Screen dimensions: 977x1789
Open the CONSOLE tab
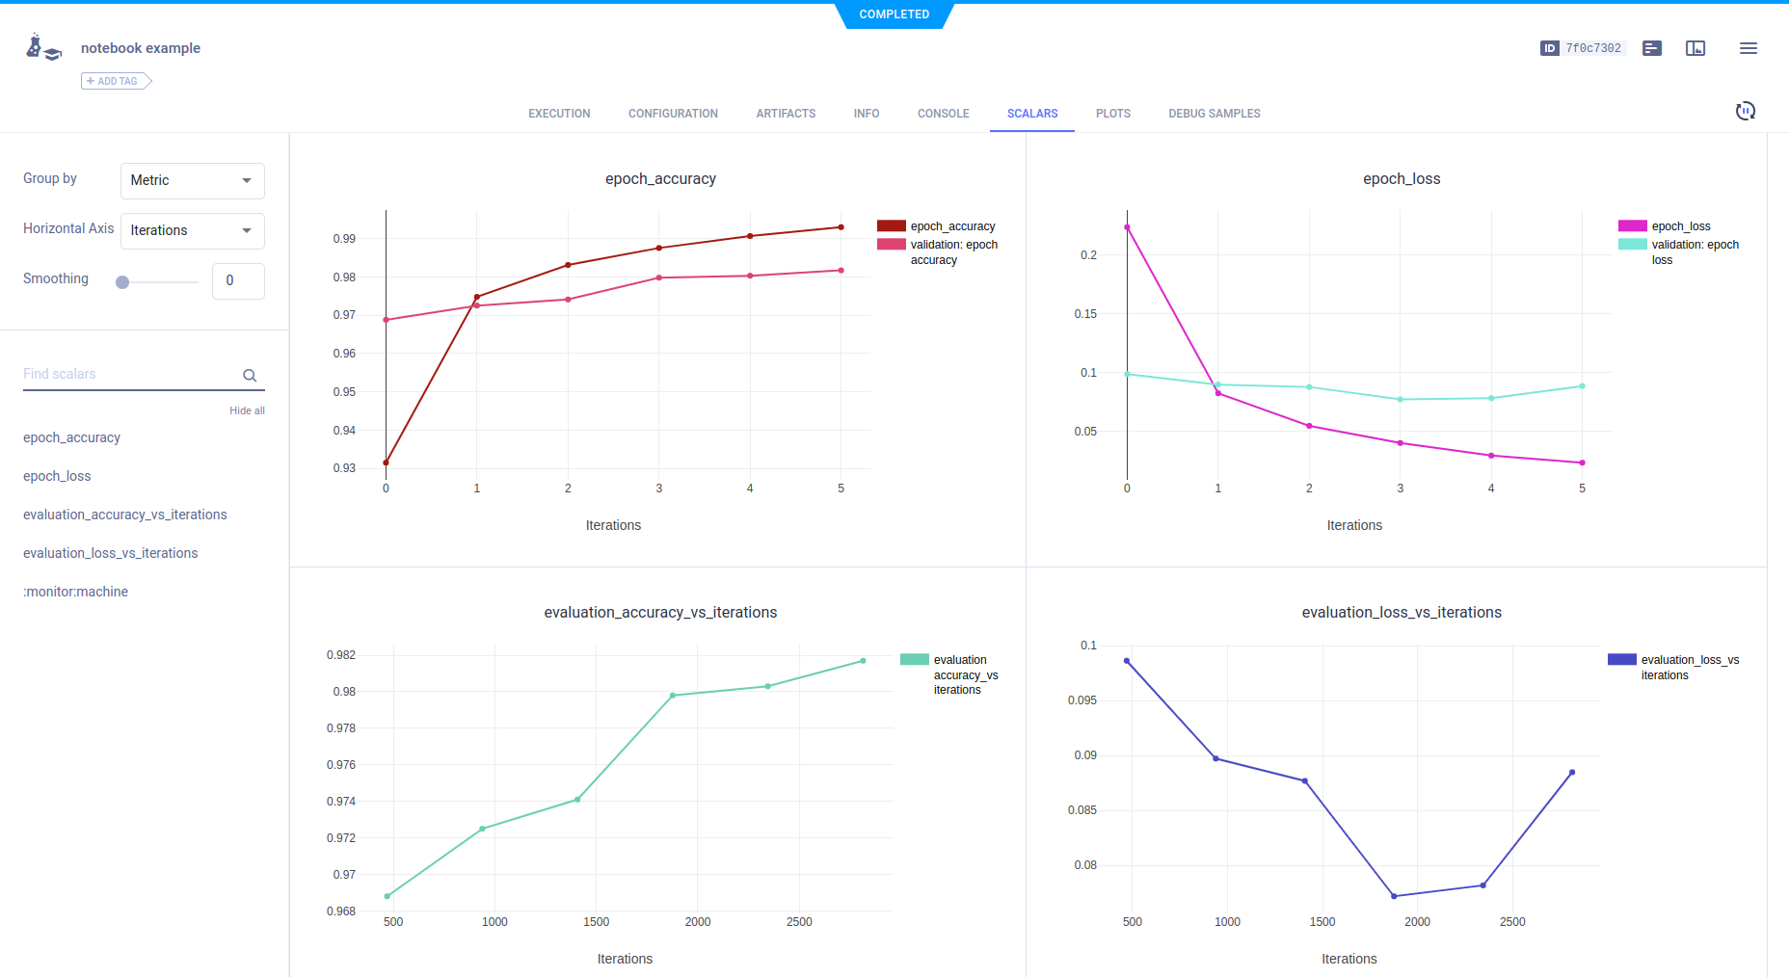click(x=943, y=114)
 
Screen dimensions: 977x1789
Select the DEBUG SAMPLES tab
click(x=1214, y=114)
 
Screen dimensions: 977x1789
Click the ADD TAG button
click(x=116, y=81)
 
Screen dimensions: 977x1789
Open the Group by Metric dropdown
click(x=192, y=180)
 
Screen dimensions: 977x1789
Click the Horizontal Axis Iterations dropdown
click(x=192, y=230)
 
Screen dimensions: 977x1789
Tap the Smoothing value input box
click(x=237, y=280)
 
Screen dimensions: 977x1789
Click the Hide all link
click(x=247, y=410)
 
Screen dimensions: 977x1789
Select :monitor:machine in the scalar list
click(x=75, y=592)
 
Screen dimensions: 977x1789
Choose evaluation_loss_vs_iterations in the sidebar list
click(x=110, y=553)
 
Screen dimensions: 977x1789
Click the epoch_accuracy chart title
click(x=660, y=178)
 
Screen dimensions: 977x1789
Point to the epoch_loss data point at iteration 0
click(x=1127, y=227)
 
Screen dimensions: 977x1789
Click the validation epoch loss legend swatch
click(x=1632, y=245)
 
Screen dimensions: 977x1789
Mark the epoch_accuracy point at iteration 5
click(x=841, y=227)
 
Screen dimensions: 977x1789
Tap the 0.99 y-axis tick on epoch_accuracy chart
click(x=344, y=239)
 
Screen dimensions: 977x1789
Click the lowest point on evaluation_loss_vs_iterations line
click(x=1394, y=896)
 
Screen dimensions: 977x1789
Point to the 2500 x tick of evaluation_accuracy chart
click(x=799, y=922)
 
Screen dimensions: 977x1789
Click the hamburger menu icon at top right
click(x=1748, y=48)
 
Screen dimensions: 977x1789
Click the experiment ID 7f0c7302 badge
click(x=1584, y=48)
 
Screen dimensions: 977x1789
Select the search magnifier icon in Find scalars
click(x=250, y=376)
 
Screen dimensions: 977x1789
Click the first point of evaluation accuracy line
click(x=387, y=896)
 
